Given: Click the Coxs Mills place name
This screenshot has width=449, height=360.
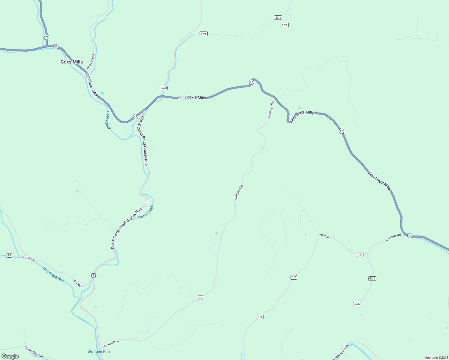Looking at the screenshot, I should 72,62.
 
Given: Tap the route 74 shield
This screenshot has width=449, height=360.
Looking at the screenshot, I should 47,37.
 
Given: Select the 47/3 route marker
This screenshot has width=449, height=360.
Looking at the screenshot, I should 164,88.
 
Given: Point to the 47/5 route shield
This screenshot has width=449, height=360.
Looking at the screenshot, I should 285,25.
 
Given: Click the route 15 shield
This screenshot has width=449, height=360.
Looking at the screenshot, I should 9,255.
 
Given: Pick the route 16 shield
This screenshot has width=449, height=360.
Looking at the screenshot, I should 200,298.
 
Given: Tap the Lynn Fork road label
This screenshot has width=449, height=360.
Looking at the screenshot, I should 27,258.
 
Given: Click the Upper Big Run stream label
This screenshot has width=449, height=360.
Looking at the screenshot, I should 54,274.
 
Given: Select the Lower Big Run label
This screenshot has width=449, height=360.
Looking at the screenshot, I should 34,351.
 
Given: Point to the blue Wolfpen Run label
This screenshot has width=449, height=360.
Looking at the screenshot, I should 99,352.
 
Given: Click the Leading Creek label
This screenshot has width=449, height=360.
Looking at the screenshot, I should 341,352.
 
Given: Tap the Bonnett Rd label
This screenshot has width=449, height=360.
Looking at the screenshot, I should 393,237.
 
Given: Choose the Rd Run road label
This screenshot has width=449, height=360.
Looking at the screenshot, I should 324,236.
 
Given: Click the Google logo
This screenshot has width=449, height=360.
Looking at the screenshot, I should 10,356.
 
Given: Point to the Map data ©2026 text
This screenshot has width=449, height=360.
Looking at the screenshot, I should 436,358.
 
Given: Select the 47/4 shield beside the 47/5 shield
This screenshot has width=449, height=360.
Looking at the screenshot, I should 278,18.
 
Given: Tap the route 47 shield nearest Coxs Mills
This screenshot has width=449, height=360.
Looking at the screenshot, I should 56,46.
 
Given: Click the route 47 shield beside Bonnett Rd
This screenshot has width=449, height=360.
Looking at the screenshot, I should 410,236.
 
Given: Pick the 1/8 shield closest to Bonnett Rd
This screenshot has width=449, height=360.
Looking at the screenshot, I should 360,255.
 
